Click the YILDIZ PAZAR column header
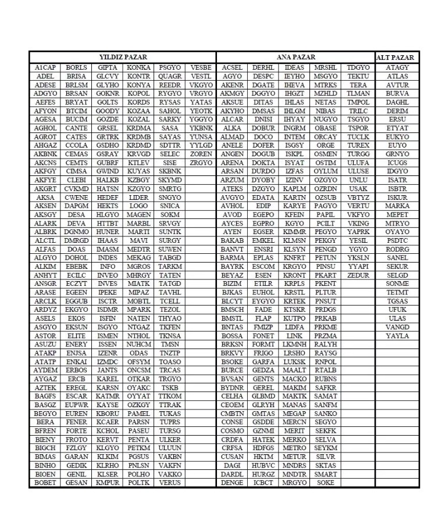[x=123, y=58]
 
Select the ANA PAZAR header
[x=296, y=58]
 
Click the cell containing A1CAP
[x=45, y=68]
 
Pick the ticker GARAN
[x=76, y=457]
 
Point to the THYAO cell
[x=170, y=319]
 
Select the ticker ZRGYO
[x=201, y=163]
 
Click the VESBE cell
[x=201, y=68]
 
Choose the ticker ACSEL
[x=232, y=68]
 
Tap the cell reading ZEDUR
[x=358, y=275]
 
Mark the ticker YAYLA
[x=397, y=336]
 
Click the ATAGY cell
[x=397, y=68]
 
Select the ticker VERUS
[x=170, y=483]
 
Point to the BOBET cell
[x=45, y=483]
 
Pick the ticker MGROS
[x=138, y=267]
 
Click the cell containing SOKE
[x=326, y=483]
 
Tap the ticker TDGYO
[x=358, y=68]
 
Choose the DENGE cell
[x=232, y=483]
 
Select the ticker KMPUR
[x=107, y=483]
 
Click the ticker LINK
[x=294, y=336]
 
